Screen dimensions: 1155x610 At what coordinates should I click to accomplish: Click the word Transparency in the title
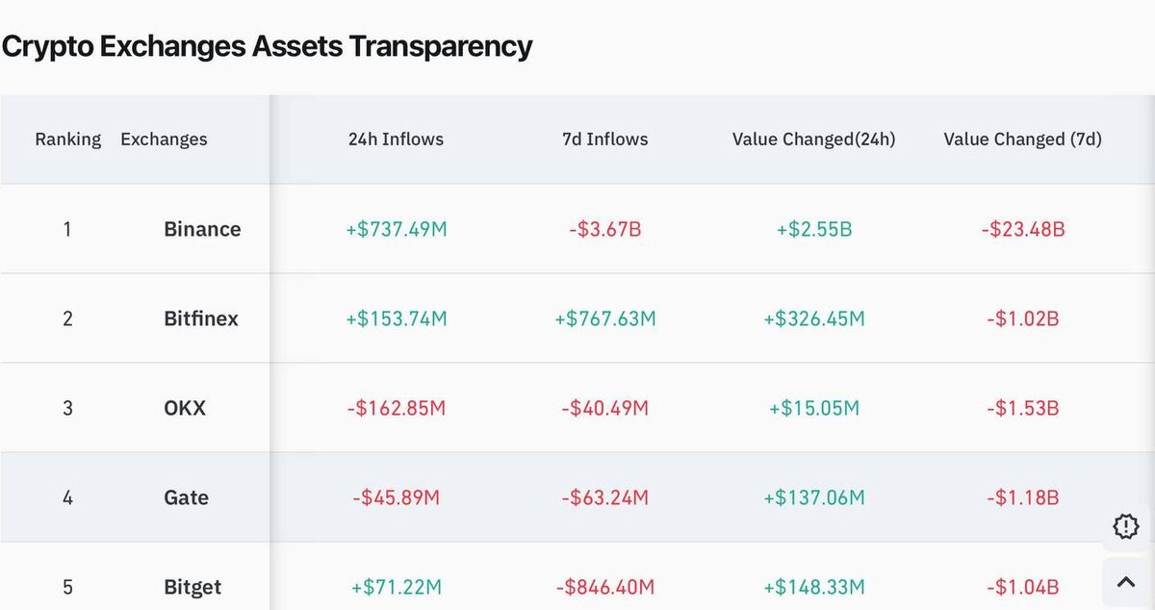tap(441, 47)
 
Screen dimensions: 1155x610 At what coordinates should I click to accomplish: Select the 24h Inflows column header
tap(396, 140)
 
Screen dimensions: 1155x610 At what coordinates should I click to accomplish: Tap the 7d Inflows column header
tap(604, 140)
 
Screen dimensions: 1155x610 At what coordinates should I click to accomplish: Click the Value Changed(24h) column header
tap(813, 140)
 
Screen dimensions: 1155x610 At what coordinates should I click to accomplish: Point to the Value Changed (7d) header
tap(1022, 140)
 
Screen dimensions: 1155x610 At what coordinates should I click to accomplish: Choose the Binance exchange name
tap(202, 229)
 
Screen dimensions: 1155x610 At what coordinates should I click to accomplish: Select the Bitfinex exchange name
tap(201, 318)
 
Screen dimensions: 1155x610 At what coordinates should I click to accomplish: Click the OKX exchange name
tap(185, 408)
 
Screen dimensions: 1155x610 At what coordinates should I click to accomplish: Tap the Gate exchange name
tap(186, 497)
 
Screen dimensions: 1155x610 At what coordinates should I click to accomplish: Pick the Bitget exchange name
tap(192, 587)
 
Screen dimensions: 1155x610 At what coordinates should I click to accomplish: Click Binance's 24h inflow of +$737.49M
tap(396, 229)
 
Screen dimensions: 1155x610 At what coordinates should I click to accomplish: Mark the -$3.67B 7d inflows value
tap(604, 229)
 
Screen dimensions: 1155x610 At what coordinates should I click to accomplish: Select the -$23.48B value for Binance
tap(1023, 229)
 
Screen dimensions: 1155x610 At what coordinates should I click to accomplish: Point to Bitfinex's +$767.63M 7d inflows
tap(604, 318)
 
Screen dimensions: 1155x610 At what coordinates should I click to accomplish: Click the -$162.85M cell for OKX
tap(396, 408)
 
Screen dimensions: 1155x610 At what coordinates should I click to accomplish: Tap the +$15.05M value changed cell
tap(814, 408)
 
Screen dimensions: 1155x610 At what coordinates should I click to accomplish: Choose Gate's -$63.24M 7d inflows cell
tap(604, 497)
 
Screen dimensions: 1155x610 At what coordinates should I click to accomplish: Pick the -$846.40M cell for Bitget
tap(604, 587)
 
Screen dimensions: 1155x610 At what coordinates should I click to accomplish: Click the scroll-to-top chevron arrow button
tap(1126, 582)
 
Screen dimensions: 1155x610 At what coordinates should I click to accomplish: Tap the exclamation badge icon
tap(1125, 526)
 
